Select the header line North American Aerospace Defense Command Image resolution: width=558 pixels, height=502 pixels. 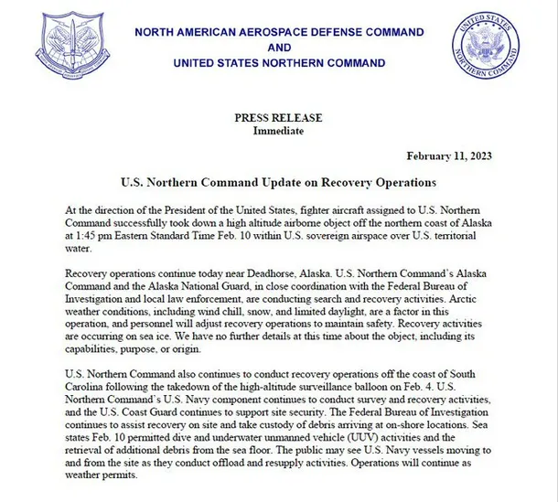point(280,32)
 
